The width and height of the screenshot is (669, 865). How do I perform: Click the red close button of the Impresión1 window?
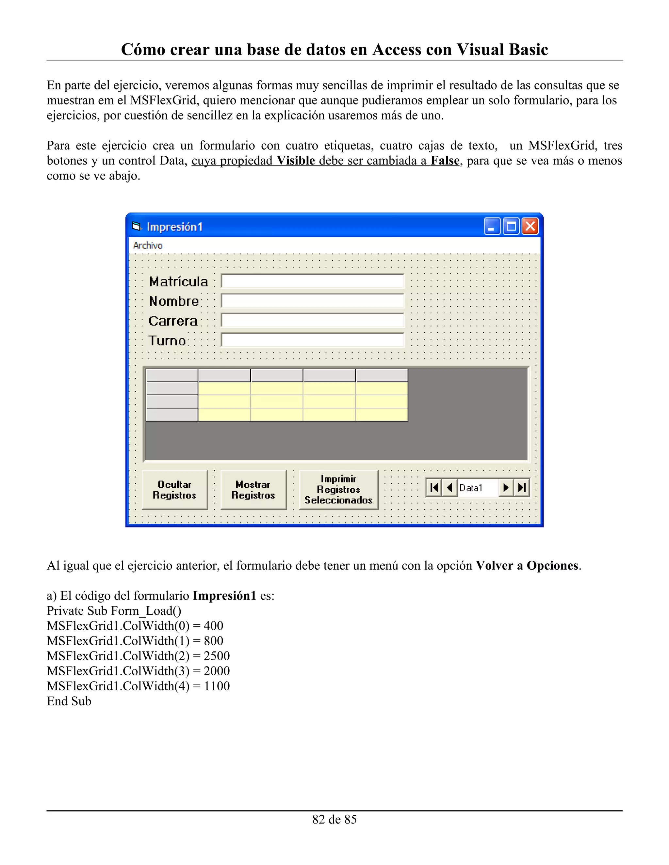tap(530, 227)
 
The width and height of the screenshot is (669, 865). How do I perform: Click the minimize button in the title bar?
tap(492, 227)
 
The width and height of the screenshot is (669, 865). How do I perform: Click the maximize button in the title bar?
tap(511, 227)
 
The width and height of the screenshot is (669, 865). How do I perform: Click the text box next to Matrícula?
tap(312, 281)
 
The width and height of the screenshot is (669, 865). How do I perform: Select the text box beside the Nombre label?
tap(312, 301)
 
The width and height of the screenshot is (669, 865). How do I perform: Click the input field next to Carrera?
tap(312, 321)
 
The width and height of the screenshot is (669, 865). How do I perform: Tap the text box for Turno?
tap(312, 340)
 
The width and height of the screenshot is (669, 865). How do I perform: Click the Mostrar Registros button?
tap(253, 490)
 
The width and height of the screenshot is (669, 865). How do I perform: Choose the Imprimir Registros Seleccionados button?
tap(338, 490)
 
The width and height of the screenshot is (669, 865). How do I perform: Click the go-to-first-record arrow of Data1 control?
tap(434, 488)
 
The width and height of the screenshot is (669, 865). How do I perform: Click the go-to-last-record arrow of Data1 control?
tap(522, 488)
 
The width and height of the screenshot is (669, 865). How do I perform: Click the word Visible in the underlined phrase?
tap(296, 161)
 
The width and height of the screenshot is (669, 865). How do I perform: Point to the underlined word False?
tap(445, 161)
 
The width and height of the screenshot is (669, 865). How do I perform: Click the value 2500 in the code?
tap(217, 656)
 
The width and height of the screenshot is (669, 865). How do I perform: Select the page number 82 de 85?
tap(334, 819)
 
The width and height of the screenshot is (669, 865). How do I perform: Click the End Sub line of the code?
tap(69, 701)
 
